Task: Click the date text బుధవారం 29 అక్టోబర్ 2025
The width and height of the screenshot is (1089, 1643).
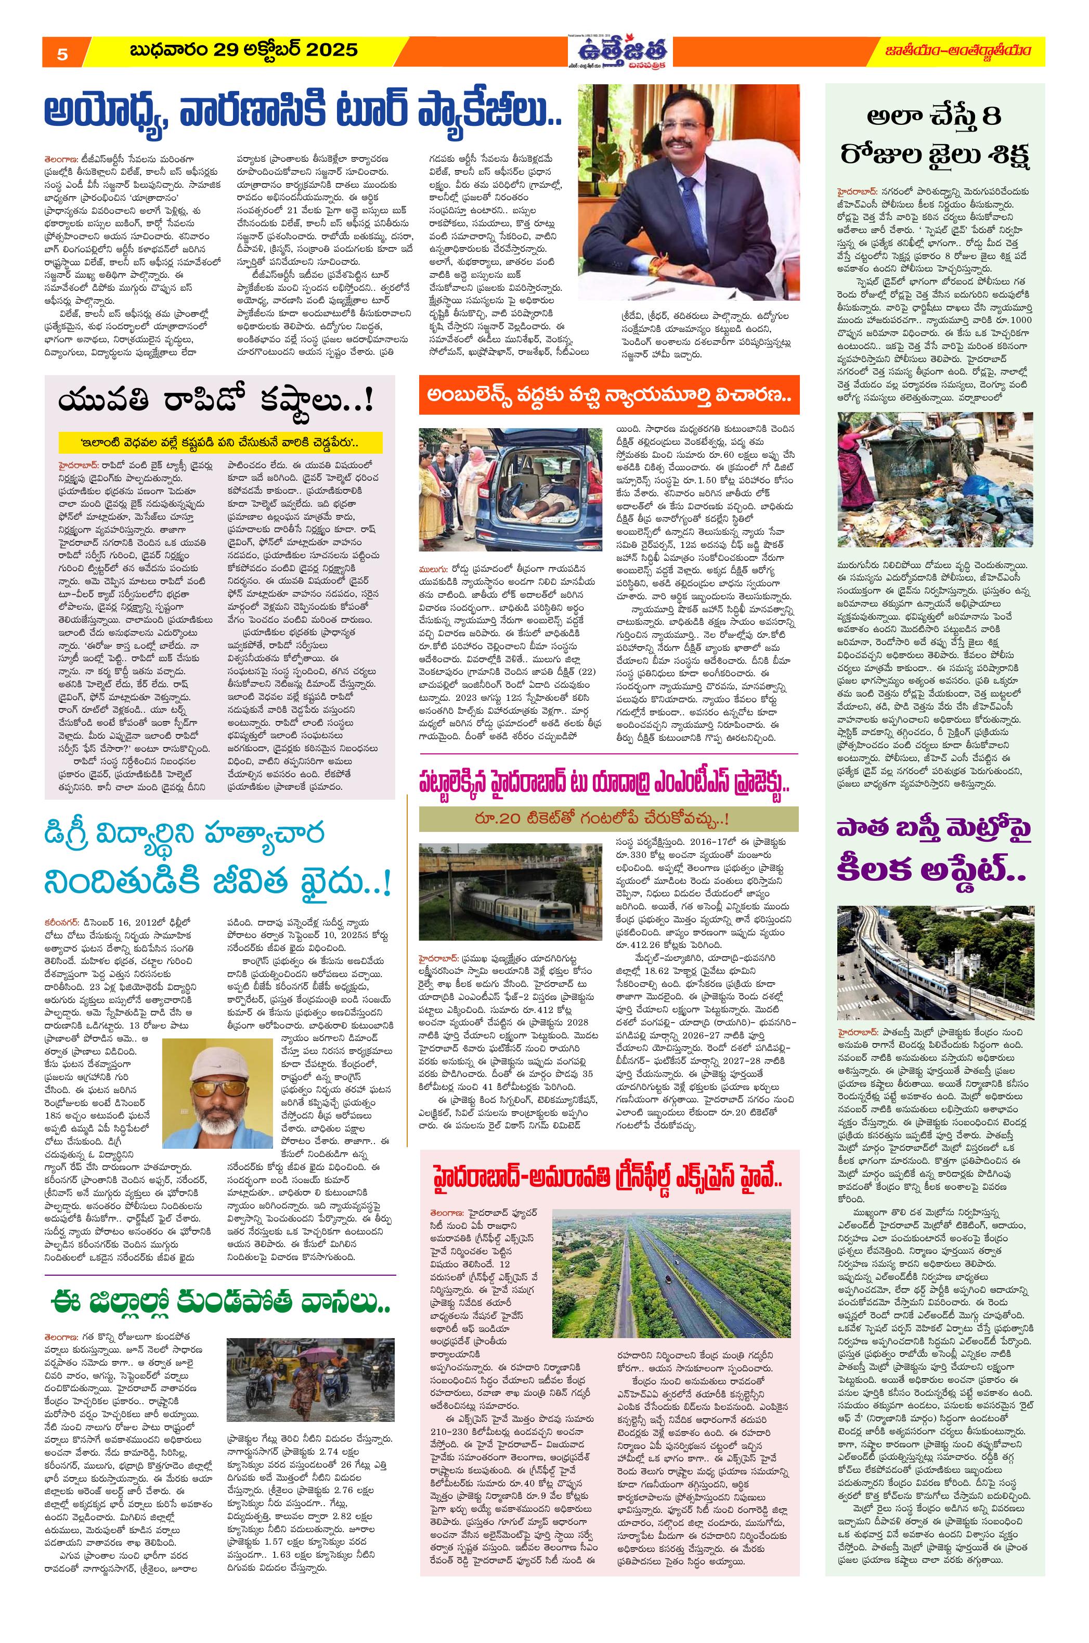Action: [244, 50]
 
